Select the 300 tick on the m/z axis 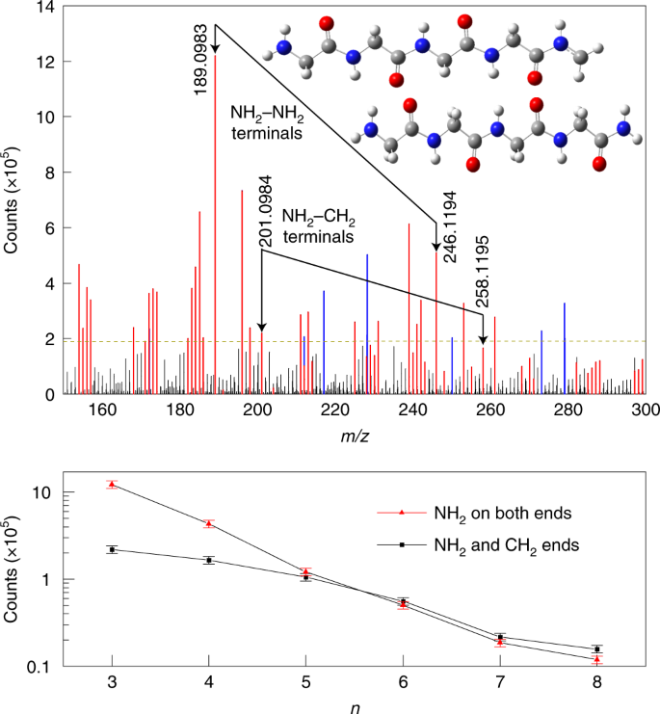coord(645,409)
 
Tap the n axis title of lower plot coord(355,704)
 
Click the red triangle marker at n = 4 coord(209,523)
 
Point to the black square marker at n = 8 coord(597,649)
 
